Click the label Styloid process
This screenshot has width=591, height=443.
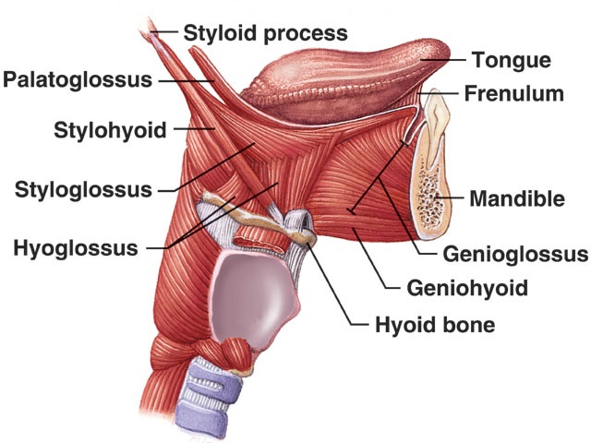tap(265, 33)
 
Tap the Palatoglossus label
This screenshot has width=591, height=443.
tap(78, 80)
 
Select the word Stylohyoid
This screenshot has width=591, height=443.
tap(110, 130)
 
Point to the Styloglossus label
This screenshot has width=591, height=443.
tap(83, 189)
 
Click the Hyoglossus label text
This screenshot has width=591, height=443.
tap(76, 248)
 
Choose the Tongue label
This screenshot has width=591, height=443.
tap(512, 60)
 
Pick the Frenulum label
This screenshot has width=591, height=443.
tap(514, 93)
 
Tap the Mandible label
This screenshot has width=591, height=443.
tap(517, 198)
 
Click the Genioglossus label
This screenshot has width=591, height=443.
tap(515, 254)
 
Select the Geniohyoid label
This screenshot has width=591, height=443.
tap(467, 288)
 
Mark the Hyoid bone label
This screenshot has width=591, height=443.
tap(435, 325)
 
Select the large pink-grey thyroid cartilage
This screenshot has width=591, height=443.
tap(253, 297)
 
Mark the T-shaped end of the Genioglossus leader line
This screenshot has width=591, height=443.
tap(352, 210)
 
